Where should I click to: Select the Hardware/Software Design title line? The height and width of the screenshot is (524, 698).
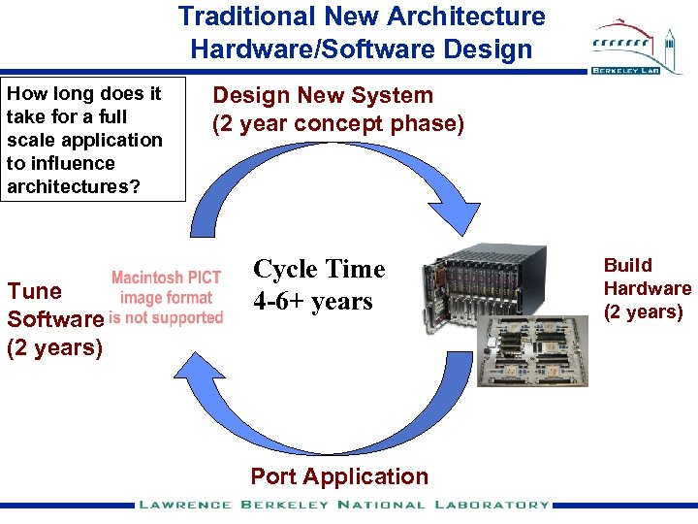362,48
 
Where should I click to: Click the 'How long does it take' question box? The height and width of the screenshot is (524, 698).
93,140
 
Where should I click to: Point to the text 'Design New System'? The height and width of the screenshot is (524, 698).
323,95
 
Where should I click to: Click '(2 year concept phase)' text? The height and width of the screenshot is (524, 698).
338,124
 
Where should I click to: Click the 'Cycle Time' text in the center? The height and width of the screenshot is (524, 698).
319,269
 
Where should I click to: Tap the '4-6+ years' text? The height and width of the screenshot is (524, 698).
312,301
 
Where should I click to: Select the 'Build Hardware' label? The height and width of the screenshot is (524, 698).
647,277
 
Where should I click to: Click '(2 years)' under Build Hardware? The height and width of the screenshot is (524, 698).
644,311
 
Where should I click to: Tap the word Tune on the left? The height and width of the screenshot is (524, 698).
34,291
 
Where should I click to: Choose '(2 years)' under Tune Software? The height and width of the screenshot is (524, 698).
54,346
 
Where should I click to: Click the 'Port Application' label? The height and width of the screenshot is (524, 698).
338,476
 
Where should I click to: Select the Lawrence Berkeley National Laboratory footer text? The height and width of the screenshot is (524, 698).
344,505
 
